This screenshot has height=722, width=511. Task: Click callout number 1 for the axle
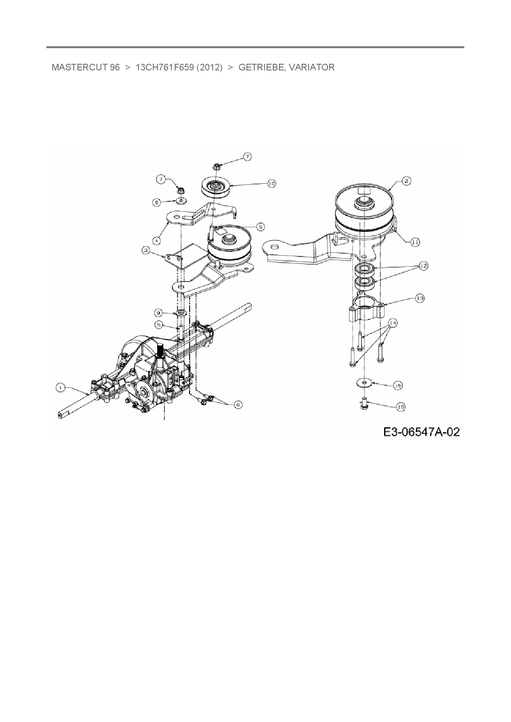60,387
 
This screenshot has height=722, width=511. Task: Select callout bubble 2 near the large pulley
406,180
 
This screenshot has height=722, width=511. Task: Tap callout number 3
146,250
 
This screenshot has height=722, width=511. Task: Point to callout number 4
157,240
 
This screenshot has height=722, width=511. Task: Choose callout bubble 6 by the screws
238,405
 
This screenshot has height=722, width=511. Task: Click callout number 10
271,184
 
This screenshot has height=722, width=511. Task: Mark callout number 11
415,242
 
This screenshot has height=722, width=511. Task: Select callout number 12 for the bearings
423,266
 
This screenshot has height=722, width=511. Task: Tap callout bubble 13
420,298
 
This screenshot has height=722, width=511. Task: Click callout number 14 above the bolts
392,323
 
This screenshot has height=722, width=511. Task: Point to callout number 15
398,385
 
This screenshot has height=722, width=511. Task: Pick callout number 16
401,407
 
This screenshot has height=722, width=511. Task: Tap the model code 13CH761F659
164,67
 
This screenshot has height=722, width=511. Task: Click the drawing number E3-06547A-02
421,432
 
